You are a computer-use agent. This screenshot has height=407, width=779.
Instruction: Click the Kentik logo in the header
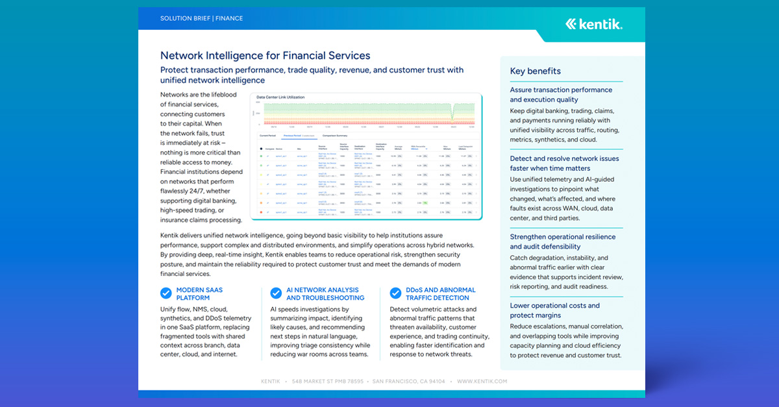593,24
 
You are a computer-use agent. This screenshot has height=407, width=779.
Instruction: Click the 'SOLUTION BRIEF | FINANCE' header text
201,18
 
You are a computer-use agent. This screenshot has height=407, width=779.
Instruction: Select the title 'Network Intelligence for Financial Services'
265,56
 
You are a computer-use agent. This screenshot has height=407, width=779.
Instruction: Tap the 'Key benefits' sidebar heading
535,71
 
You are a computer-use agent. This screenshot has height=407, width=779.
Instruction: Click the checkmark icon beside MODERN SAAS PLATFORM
166,293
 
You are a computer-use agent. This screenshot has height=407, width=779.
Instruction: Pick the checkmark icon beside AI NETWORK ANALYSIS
277,293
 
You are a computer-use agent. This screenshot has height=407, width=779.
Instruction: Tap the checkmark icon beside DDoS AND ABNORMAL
395,293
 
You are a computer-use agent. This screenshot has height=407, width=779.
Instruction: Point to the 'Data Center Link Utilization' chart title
280,97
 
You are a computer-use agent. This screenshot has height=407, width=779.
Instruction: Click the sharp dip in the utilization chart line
454,119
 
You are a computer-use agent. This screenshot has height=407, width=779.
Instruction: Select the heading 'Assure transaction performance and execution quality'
561,95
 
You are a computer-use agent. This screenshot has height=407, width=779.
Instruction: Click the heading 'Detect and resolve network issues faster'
564,163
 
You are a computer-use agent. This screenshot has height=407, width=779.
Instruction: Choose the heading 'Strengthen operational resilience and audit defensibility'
562,241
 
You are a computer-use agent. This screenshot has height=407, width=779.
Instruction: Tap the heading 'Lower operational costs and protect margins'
554,310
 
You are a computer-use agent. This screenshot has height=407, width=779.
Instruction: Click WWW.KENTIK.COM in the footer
481,382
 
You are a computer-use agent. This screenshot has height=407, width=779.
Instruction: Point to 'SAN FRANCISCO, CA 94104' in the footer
409,382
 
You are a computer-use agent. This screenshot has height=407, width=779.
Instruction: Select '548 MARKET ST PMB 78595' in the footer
327,382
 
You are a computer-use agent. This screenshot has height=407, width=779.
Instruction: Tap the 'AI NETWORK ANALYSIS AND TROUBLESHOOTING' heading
325,294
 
